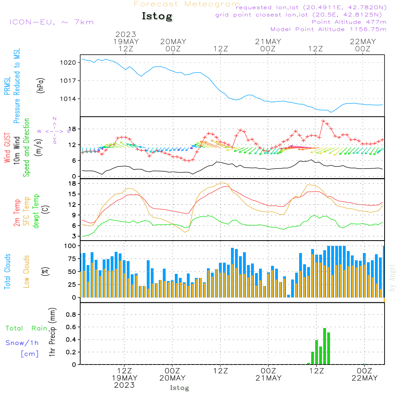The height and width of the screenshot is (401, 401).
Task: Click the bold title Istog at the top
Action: (157, 16)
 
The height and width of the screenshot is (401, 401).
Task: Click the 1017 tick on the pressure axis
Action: (68, 81)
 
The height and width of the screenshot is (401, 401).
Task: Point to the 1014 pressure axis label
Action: (68, 99)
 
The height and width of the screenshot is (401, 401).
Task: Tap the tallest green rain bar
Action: (324, 346)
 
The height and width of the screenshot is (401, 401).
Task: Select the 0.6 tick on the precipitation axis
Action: (71, 327)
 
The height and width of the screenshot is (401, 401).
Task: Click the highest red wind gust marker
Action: (323, 121)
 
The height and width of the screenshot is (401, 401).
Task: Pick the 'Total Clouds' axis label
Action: (7, 271)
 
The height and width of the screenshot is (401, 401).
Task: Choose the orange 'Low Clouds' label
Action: (26, 271)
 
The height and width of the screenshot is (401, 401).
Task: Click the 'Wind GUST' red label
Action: (7, 148)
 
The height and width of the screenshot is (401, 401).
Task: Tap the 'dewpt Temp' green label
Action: (36, 211)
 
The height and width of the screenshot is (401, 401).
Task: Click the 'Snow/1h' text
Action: (22, 343)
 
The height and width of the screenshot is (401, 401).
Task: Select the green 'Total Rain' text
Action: (26, 328)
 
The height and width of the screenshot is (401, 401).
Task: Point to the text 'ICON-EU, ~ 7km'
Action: (52, 22)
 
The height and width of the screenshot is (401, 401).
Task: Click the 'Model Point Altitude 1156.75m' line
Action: (328, 29)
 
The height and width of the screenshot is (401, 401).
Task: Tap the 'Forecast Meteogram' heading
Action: (187, 4)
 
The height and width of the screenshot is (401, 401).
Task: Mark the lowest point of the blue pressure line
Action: (331, 112)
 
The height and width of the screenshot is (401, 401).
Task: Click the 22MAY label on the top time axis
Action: (363, 42)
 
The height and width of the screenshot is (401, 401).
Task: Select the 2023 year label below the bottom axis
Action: (124, 385)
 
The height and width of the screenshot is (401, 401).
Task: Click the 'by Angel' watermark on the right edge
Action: (392, 278)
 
